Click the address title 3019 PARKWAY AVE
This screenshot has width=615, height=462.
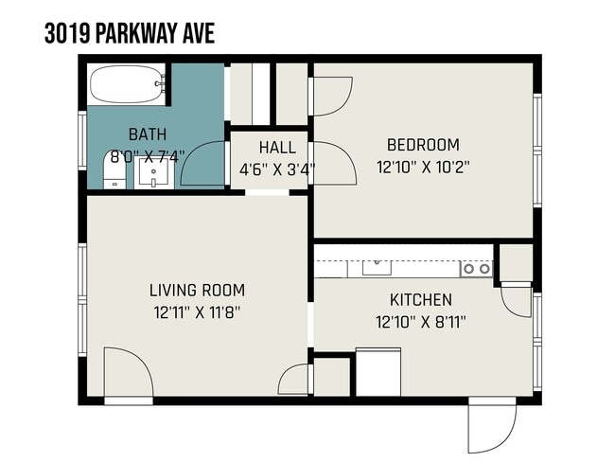point(130,34)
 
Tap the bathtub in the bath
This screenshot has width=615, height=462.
point(126,84)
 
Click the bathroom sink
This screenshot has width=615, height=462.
point(151,173)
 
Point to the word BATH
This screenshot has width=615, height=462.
point(147,133)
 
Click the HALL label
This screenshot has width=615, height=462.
point(276,148)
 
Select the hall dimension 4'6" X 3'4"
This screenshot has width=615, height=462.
point(276,170)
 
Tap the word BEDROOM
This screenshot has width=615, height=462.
point(423,145)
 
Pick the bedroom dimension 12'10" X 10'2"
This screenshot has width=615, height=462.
point(423,167)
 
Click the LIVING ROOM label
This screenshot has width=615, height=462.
point(197,290)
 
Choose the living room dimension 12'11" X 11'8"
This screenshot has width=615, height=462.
point(197,311)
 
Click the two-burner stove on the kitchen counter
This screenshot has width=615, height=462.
point(476,269)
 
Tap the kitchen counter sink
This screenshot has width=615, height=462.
point(378,268)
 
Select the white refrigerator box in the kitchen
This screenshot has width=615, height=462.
point(378,372)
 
